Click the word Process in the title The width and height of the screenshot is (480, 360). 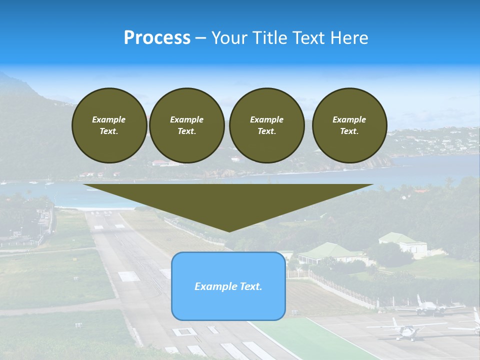(x=157, y=38)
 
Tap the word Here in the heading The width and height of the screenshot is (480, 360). (x=348, y=38)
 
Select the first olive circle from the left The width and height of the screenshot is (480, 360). (x=109, y=125)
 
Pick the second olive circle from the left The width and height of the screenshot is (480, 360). (x=186, y=125)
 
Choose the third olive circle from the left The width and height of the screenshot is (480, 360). (x=266, y=125)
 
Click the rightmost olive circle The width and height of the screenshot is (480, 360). (x=349, y=125)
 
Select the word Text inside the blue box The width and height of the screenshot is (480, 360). (x=249, y=286)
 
